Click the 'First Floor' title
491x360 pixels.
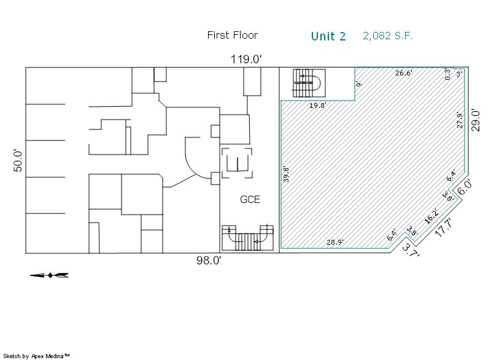coord(233,35)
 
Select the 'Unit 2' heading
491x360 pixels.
coord(328,36)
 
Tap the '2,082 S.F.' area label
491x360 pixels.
coord(388,36)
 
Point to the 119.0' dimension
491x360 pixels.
coord(246,59)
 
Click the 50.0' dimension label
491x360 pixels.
coord(18,161)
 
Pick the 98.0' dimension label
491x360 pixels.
coord(209,260)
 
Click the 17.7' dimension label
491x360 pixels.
coord(444,228)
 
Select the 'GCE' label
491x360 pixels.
coord(250,199)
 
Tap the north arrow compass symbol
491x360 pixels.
coord(50,275)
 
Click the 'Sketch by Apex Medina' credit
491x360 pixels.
coord(37,356)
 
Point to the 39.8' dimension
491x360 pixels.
coord(286,175)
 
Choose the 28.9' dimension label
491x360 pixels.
coord(335,242)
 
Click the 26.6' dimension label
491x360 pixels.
coord(404,73)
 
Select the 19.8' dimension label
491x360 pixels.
coord(318,105)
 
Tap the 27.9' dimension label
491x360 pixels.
coord(460,120)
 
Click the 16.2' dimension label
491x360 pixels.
coord(431,216)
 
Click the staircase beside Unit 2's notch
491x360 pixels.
coord(309,83)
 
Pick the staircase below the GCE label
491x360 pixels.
coord(247,238)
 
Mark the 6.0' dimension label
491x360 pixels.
coord(465,187)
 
